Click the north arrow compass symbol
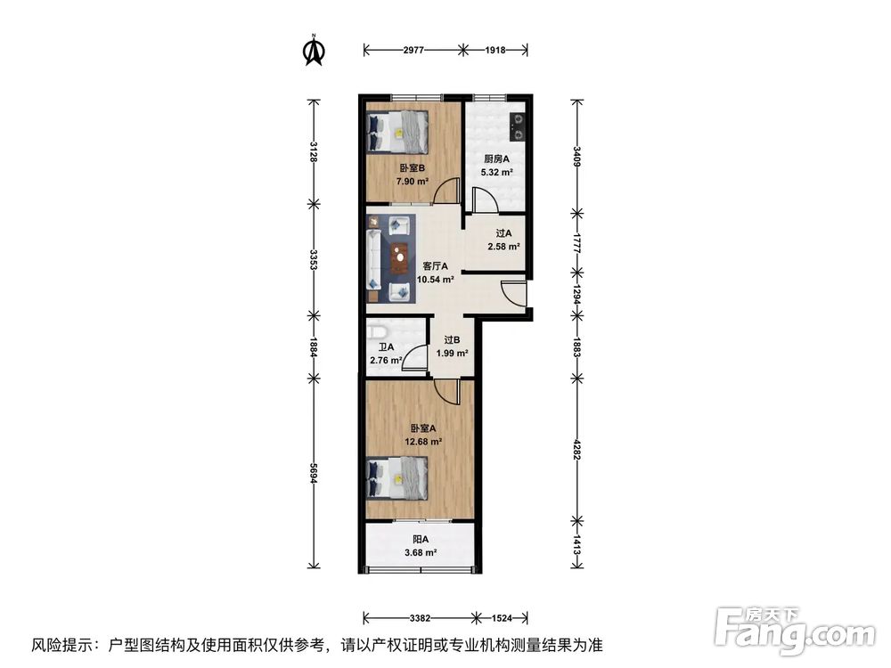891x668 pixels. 314,51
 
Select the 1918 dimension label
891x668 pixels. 495,51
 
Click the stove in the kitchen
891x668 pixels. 517,127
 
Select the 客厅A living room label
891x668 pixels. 436,272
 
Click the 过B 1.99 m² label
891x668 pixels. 452,346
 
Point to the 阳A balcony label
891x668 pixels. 420,546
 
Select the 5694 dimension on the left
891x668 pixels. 314,472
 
